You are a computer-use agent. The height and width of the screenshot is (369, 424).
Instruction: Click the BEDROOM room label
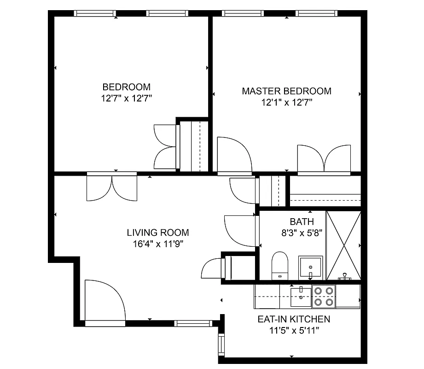click(126, 87)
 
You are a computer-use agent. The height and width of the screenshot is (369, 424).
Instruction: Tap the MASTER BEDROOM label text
click(286, 91)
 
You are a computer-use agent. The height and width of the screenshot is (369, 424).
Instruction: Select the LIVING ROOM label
click(158, 233)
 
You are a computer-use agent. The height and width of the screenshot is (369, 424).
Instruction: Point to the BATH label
click(302, 221)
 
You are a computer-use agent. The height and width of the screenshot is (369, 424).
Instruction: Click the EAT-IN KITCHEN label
click(293, 319)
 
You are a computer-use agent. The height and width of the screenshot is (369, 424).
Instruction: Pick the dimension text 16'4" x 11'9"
click(158, 244)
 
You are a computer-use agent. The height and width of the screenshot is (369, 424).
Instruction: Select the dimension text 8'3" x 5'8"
click(302, 233)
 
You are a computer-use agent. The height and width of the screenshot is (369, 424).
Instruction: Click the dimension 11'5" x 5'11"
click(293, 330)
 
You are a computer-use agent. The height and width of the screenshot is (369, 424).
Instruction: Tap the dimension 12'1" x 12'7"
click(286, 102)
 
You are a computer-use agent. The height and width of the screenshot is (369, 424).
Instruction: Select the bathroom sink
click(310, 267)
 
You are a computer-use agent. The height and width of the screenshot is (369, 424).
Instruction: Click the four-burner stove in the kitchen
click(324, 297)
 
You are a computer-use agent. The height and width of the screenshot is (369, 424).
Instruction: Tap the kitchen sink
click(301, 293)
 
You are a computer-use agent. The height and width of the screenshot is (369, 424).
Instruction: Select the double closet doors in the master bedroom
click(324, 160)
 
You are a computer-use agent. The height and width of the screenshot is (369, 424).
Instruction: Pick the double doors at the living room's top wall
click(112, 188)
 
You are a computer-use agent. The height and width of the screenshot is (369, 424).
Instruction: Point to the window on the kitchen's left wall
click(221, 343)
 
